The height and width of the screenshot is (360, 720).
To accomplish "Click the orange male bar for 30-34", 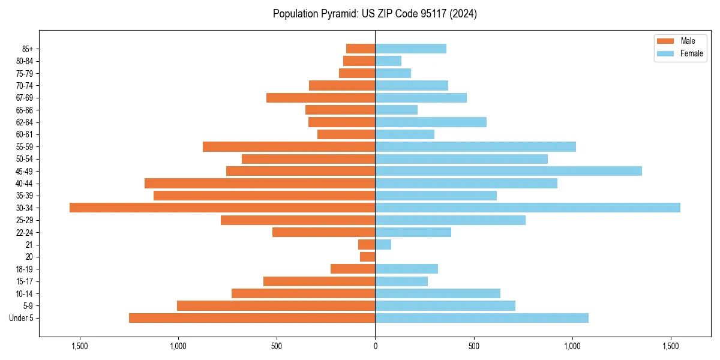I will point(222,208).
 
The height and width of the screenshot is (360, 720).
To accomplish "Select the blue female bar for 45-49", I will point(508,171).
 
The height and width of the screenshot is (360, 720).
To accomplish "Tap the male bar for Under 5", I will point(252,318).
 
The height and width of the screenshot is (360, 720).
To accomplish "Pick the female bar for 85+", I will point(410,49).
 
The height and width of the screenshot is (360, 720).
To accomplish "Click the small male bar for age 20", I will point(367,257).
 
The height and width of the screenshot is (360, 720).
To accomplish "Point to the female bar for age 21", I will point(383,244).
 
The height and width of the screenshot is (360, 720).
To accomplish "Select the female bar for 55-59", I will point(475,146).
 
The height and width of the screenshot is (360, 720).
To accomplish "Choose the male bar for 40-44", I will point(260,183).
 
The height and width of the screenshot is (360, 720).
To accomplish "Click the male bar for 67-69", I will point(320,98).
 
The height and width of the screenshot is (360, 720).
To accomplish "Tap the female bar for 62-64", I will point(431,122).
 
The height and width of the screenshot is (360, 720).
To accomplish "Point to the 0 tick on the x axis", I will point(375,346).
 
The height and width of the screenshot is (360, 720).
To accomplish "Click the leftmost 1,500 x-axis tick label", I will point(80,346).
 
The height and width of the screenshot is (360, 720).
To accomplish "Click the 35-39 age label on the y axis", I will point(25,196).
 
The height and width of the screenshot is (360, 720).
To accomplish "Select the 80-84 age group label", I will point(25,61).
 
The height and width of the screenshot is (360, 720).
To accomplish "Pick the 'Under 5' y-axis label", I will point(22,318).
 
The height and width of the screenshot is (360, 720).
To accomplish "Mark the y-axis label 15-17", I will point(25,281).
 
